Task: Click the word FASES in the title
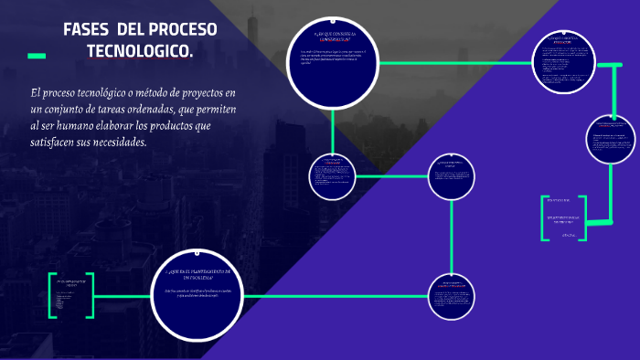click(85, 30)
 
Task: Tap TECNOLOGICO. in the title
click(139, 53)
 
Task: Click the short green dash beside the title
click(37, 56)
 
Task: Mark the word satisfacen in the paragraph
click(53, 143)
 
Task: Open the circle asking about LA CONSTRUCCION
click(333, 63)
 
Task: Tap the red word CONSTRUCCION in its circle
click(333, 40)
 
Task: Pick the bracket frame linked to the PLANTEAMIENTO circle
click(70, 296)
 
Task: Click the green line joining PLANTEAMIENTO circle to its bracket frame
click(123, 296)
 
